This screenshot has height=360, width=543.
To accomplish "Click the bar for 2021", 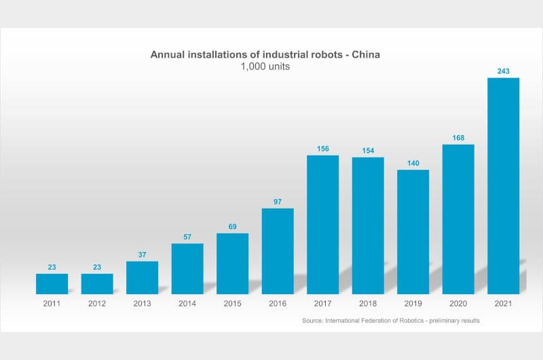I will click(x=503, y=185).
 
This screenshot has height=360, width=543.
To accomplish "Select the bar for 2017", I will click(x=322, y=224).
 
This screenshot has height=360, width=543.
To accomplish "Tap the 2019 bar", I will click(x=413, y=232).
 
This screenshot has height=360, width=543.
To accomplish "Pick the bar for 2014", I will click(x=187, y=268).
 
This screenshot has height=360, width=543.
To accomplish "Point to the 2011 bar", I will click(x=52, y=283).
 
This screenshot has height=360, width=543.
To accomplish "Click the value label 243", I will click(x=503, y=71).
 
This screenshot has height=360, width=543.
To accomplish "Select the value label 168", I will click(x=458, y=138).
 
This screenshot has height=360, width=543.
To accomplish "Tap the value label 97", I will click(x=278, y=202).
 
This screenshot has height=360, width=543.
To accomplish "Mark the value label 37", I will click(x=142, y=255).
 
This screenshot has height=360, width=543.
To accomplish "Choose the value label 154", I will click(x=368, y=151).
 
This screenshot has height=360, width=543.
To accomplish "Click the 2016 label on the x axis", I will click(x=278, y=304).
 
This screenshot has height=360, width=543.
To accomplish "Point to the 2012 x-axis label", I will click(x=97, y=304).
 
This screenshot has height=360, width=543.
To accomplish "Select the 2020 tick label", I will click(x=458, y=304).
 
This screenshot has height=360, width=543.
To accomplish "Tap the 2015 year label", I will click(x=232, y=304).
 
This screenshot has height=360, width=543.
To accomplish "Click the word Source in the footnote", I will click(x=313, y=320).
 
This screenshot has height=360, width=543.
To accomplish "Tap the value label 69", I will click(x=232, y=227).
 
